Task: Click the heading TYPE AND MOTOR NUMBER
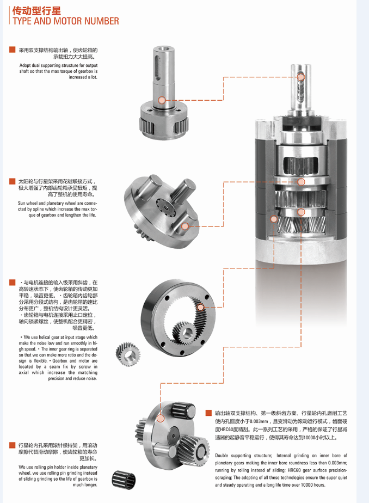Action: click(66, 21)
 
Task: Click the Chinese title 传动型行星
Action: click(36, 10)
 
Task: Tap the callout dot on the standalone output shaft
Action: click(162, 100)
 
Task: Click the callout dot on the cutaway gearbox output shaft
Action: click(301, 77)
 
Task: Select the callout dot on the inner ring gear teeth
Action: click(200, 307)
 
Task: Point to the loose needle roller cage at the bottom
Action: click(124, 480)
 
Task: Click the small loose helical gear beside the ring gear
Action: click(128, 354)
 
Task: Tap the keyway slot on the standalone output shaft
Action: click(157, 68)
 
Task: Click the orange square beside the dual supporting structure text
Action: click(12, 50)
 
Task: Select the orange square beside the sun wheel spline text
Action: click(12, 181)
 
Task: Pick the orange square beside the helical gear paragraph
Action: click(12, 283)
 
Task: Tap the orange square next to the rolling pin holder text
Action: click(12, 445)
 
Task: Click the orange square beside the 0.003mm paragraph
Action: click(208, 413)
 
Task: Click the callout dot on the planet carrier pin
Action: click(184, 226)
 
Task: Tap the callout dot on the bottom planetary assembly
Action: click(161, 418)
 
